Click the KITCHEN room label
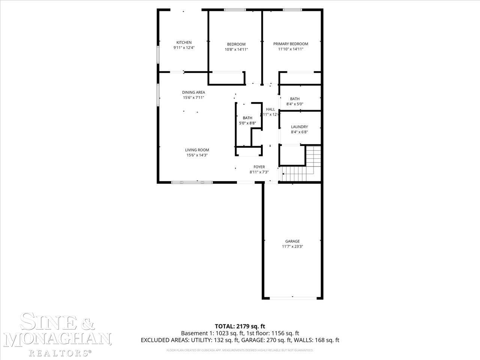coord(184,42)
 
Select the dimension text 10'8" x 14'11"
coord(236,49)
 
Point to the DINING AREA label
coord(193,92)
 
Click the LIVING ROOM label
coord(197,150)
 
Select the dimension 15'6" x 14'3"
coord(197,155)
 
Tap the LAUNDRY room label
coord(299,127)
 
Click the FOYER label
coord(259,167)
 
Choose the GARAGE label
coord(292,241)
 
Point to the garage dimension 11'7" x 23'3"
coord(292,246)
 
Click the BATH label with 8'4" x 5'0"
coord(295,99)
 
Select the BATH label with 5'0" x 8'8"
coord(247,118)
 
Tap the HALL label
coord(270,109)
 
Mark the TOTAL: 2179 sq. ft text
coord(240,326)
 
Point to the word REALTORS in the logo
coord(58,352)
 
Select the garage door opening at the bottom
coord(292,298)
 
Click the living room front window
coord(192,182)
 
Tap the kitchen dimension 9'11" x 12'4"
coord(184,48)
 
